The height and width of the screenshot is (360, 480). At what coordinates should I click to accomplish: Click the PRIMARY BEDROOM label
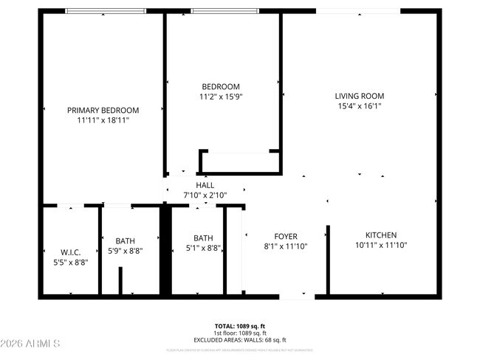tap(103, 110)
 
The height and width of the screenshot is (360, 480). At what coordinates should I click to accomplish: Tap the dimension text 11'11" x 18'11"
tap(103, 120)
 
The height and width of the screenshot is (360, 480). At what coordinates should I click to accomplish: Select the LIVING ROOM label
tap(359, 96)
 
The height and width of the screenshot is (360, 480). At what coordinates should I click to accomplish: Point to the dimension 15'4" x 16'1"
tap(359, 105)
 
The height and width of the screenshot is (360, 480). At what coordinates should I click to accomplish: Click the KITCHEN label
tap(381, 235)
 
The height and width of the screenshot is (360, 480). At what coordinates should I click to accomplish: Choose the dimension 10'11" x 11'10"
tap(381, 245)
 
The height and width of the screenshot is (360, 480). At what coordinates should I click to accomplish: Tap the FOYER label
tap(286, 237)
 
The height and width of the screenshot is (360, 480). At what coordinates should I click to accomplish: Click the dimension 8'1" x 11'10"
tap(286, 246)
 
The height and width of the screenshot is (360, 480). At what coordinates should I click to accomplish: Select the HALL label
tap(205, 185)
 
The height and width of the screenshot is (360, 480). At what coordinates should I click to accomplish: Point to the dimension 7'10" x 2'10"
tap(205, 195)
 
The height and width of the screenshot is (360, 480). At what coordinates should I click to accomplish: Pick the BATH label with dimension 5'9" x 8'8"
tap(125, 240)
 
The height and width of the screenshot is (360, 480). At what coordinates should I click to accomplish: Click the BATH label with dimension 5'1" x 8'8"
tap(202, 238)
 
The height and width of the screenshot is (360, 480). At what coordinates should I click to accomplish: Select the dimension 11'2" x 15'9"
tap(221, 96)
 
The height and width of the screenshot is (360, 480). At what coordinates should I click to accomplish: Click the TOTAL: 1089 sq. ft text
tap(240, 326)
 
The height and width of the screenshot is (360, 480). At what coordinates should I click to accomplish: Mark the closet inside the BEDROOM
tap(238, 162)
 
